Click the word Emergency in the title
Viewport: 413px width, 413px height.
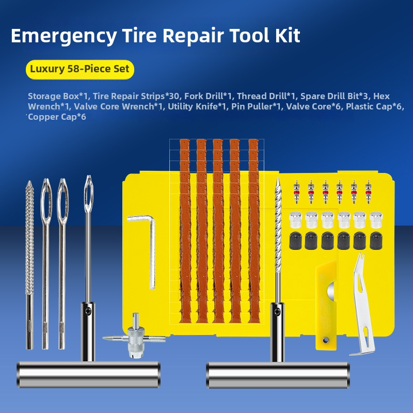click(x=64, y=36)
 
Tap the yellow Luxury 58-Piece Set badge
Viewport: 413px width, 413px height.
click(x=80, y=69)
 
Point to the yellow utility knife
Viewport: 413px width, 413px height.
click(x=326, y=306)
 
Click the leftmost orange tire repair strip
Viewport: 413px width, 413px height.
click(x=185, y=231)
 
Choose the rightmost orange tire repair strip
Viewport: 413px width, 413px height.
click(x=254, y=231)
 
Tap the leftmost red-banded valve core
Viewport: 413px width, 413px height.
click(x=296, y=192)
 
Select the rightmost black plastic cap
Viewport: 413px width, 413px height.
click(x=376, y=241)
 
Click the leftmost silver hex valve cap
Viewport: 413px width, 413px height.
click(x=296, y=220)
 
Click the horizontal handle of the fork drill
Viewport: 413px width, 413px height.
click(x=88, y=374)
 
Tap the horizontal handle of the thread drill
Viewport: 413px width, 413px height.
click(x=278, y=375)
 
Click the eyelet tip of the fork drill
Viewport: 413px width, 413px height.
click(x=88, y=194)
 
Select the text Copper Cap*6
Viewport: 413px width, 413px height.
click(x=57, y=117)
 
